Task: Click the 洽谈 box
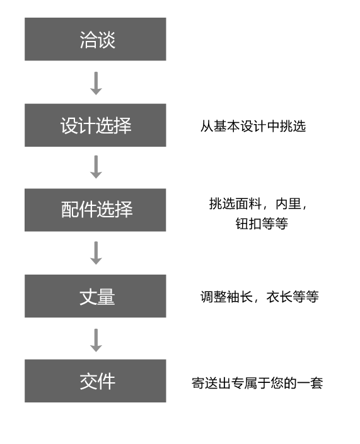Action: (95, 39)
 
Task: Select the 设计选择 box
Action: (95, 125)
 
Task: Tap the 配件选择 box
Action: (95, 210)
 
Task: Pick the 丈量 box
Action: (95, 296)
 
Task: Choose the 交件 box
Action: (95, 381)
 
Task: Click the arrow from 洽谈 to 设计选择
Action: (96, 83)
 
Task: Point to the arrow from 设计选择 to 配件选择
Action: (96, 167)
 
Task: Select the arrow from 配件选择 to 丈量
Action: (96, 253)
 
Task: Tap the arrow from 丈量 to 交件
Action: (96, 340)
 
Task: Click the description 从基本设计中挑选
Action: (253, 126)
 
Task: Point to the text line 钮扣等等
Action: (262, 224)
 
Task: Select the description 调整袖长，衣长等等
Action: (260, 297)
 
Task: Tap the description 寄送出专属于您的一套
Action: (257, 383)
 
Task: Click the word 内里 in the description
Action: (288, 203)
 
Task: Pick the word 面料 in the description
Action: (248, 203)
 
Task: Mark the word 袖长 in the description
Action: (240, 297)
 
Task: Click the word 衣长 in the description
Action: (279, 297)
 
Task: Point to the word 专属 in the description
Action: (245, 383)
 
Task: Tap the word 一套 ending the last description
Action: (310, 383)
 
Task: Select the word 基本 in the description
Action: (227, 126)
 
